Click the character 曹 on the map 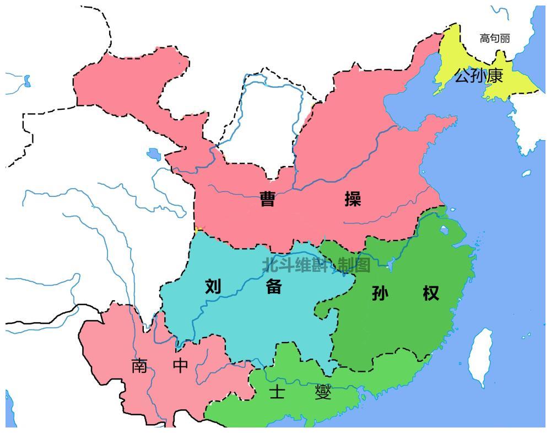pos(267,199)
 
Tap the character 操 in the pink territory pos(353,199)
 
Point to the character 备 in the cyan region pos(274,286)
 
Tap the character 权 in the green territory pos(431,293)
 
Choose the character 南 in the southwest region pos(139,366)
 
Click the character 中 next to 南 pos(181,366)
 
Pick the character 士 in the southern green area pos(276,392)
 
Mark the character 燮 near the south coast pos(323,392)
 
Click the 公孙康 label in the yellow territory pos(478,76)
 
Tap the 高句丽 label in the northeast pos(494,38)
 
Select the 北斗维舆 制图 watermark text pos(316,265)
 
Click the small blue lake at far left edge pos(26,82)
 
